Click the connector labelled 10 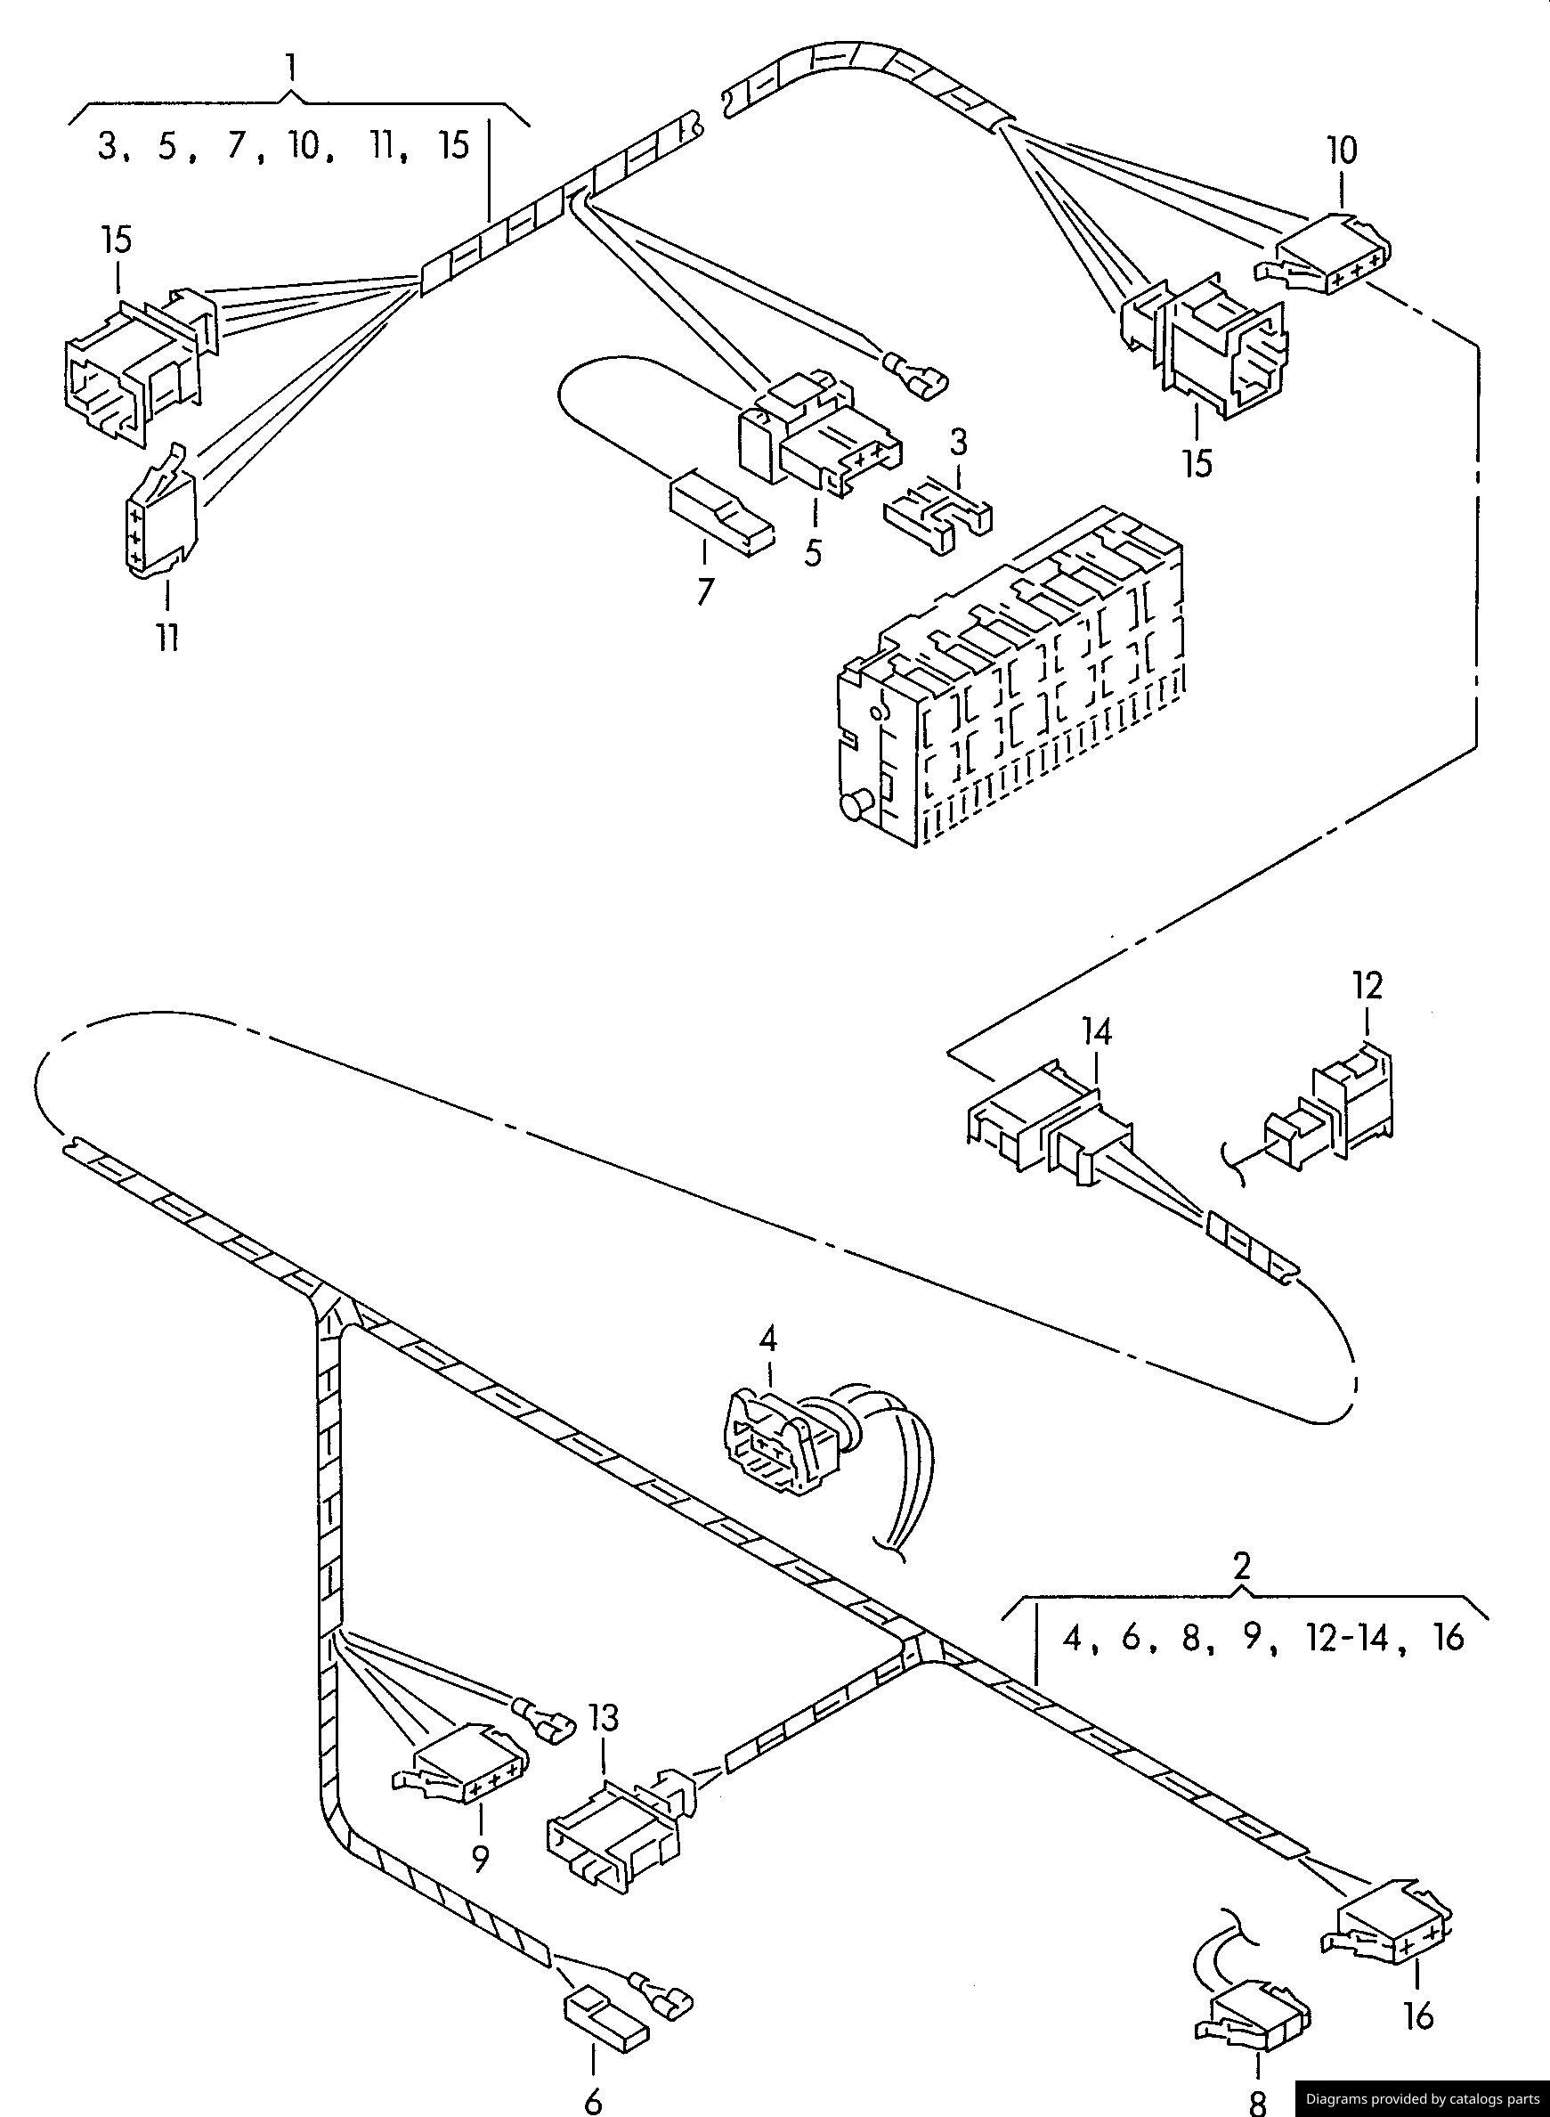[x=1325, y=249]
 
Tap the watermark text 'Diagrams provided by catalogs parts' [x=1424, y=2098]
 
